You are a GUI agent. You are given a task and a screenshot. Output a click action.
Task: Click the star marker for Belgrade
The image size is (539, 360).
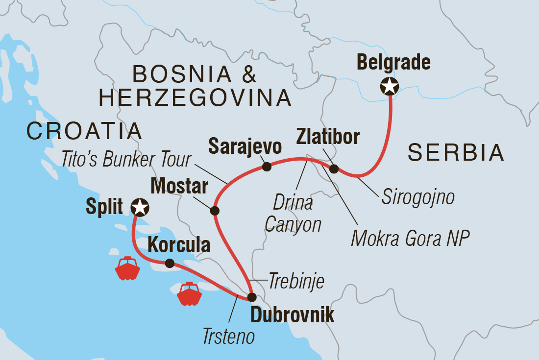point(390,87)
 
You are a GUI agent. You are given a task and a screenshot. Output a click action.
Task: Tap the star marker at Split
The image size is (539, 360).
point(140,207)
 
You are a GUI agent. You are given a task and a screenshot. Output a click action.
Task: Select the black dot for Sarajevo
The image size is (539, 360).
point(267,167)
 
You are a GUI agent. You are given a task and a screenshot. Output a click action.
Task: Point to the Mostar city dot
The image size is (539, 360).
point(214,211)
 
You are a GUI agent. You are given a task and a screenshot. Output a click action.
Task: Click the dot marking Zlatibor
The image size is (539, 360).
point(334,169)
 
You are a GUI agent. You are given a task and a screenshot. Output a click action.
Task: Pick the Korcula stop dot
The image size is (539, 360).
point(170,264)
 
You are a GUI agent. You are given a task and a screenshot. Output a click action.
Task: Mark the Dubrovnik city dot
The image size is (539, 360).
point(251,297)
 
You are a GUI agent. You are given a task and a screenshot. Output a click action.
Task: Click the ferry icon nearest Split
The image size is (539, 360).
point(127,268)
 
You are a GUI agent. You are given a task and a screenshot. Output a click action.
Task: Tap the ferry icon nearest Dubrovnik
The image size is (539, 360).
point(190,294)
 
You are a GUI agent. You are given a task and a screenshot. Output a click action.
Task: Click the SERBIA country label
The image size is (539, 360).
point(456,153)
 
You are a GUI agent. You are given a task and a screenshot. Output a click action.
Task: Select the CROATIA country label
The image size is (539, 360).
point(84,131)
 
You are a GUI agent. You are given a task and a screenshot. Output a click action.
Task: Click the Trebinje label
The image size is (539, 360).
point(296,282)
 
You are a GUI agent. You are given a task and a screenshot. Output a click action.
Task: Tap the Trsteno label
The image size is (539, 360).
point(228,337)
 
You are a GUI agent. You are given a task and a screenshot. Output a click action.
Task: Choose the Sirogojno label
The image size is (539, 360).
point(417,197)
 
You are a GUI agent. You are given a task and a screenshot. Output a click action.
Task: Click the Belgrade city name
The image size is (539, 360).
point(393,62)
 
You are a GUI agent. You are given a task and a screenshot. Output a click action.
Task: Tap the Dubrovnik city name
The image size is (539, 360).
point(292,315)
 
